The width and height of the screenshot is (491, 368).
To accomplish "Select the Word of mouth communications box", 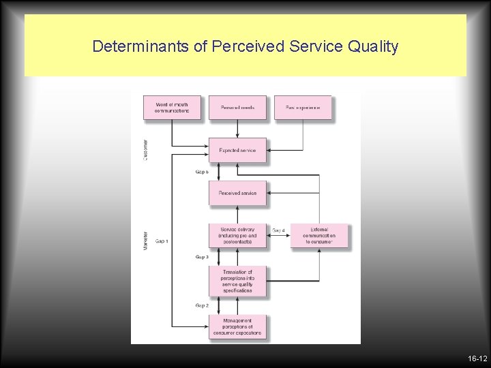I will pos(172,108).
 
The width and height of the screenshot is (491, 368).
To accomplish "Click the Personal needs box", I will pos(237,108).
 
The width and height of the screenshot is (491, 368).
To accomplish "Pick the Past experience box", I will pos(303,108).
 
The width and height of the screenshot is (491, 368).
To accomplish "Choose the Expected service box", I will pos(237,150).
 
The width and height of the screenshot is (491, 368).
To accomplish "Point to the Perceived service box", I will pos(237,193).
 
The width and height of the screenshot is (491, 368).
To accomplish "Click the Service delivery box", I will pos(237,236).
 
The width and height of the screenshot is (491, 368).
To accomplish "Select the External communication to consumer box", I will pos(319,236).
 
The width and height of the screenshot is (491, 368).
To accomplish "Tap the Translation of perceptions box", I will pos(237,281).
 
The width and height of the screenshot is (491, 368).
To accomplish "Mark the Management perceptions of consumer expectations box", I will pos(237,327).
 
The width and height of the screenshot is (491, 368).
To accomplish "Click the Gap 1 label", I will pos(162,241).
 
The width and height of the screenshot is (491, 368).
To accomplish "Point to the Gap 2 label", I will pos(202,305).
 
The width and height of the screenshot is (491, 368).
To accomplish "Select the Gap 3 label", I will pos(202,257).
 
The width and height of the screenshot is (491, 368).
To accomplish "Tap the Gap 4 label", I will pos(278,231).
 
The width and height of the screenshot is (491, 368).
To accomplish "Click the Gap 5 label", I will pos(202,172).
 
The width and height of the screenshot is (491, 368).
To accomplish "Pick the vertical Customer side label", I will pos(145,150).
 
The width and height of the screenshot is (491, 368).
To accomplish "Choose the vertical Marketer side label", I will pos(145,239).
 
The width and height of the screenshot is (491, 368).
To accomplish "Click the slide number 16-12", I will pos(477,358).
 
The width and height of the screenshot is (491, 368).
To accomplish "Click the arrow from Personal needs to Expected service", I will pos(237,129).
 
